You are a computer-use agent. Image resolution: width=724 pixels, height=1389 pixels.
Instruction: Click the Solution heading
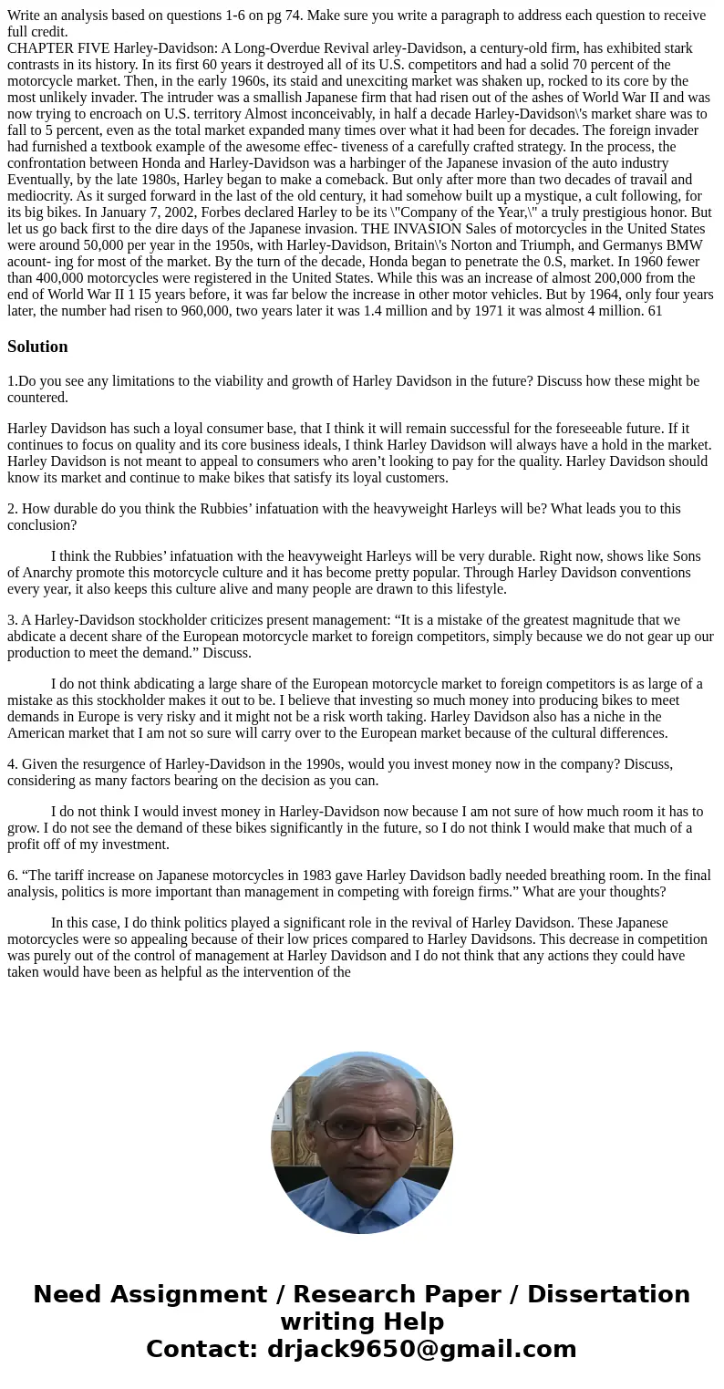click(37, 347)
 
